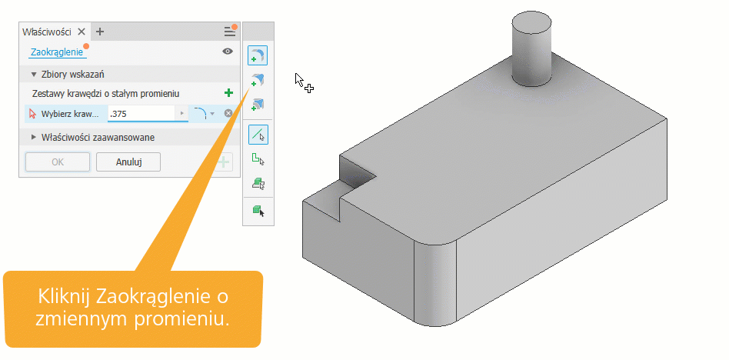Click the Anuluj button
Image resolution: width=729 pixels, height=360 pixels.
click(128, 162)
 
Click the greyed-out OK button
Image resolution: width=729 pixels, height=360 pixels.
click(58, 162)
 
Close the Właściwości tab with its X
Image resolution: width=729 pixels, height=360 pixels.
click(82, 32)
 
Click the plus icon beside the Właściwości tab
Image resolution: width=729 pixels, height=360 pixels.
click(99, 32)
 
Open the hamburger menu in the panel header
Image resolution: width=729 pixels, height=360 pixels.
click(230, 32)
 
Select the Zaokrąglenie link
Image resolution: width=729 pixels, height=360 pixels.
click(57, 52)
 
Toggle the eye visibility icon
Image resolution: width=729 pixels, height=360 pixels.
click(228, 52)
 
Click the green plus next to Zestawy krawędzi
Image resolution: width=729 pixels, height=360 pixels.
click(228, 93)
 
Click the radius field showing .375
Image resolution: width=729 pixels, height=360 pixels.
click(141, 114)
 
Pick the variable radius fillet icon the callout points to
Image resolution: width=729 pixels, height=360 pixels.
click(258, 80)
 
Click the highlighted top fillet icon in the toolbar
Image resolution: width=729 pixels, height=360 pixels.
click(258, 55)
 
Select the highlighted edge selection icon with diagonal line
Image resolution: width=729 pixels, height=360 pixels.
click(258, 134)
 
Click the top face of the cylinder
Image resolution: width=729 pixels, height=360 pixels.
click(531, 23)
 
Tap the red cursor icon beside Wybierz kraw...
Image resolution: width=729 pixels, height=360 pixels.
click(32, 114)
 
